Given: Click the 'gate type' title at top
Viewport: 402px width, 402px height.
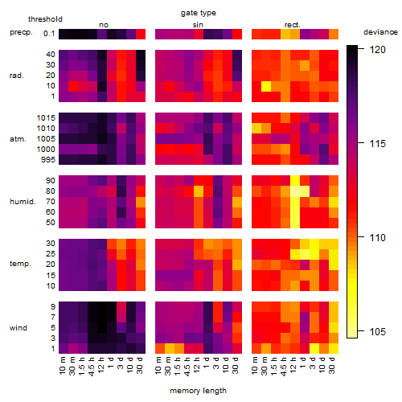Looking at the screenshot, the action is point(199,13).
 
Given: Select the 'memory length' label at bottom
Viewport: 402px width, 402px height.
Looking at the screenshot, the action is point(199,391).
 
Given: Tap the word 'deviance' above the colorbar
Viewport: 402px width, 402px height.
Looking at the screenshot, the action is point(380,32).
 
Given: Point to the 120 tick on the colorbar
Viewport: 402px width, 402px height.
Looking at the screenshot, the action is point(361,49).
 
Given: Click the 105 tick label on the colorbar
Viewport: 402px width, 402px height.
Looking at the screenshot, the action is point(377,332).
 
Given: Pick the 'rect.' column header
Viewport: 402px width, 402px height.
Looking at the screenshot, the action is point(293,25).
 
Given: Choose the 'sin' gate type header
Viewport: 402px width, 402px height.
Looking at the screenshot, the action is point(198,25).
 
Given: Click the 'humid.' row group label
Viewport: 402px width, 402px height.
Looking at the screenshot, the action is point(23,202).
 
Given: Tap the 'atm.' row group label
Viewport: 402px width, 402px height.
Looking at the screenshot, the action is point(18,139).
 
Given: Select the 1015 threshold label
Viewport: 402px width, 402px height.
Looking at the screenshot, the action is point(46,118).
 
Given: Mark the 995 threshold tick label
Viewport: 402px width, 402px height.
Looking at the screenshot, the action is point(48,160).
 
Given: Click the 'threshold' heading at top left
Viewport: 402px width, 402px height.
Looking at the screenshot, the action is point(45,19).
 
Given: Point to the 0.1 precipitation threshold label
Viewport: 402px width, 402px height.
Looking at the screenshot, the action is point(49,34).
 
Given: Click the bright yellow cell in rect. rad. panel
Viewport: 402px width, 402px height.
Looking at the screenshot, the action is point(266,86).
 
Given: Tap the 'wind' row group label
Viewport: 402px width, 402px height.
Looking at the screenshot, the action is point(18,328).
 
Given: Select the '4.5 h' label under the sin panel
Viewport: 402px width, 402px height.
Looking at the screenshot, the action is point(187,366).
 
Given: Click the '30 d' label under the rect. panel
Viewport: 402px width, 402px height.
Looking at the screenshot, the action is point(331,365).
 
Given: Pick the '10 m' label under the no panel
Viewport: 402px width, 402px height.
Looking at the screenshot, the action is point(62,365).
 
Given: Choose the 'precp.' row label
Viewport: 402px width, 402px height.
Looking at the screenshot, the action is point(21,32).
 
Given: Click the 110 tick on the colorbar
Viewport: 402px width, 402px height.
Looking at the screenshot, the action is point(361,237).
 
